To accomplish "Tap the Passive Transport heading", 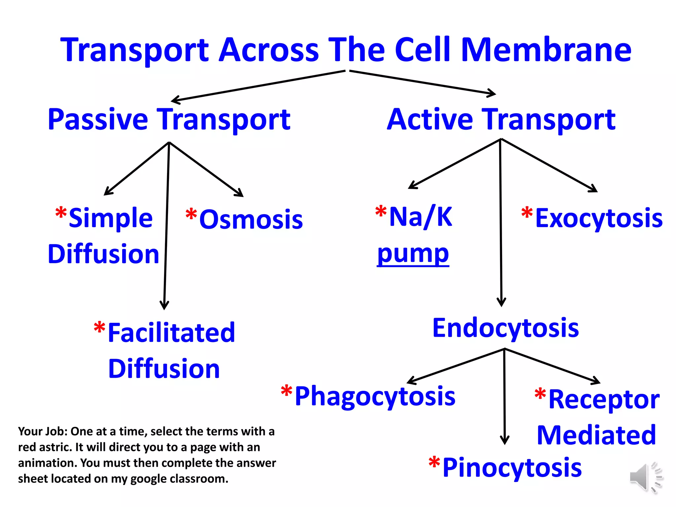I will tap(169, 119).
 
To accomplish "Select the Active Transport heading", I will tap(501, 119).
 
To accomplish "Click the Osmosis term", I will tap(251, 220).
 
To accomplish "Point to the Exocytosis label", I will tap(599, 219).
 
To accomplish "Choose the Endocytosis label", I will tap(506, 328).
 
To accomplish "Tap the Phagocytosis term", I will tap(375, 396).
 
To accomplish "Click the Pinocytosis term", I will tap(512, 468).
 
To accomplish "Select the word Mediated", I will tap(596, 435).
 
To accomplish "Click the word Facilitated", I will tap(171, 333).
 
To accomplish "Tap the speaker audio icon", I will tap(645, 477).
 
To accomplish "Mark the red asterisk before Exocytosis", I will tap(527, 213).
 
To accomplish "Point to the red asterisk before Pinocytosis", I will tap(434, 463).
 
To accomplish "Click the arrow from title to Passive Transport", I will tap(257, 85).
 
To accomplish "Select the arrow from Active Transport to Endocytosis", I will tap(501, 224).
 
